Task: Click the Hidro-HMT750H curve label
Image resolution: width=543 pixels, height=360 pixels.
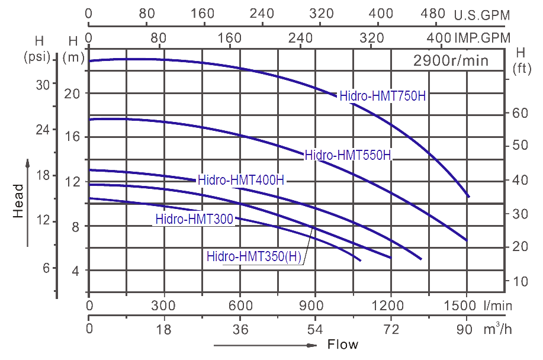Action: tap(383, 96)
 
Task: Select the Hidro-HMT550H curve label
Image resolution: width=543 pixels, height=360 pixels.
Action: tap(348, 156)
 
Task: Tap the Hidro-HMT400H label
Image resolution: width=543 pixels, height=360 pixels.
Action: tap(242, 180)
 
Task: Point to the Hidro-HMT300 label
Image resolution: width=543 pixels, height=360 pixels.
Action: tap(195, 219)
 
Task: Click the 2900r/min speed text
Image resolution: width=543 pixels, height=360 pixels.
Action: tap(451, 60)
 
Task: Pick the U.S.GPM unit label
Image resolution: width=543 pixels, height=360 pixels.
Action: tap(481, 15)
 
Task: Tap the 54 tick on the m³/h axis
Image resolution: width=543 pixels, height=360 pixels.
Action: tap(315, 330)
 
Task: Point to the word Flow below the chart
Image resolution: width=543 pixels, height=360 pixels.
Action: tap(343, 345)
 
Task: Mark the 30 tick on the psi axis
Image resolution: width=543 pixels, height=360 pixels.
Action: tap(43, 85)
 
